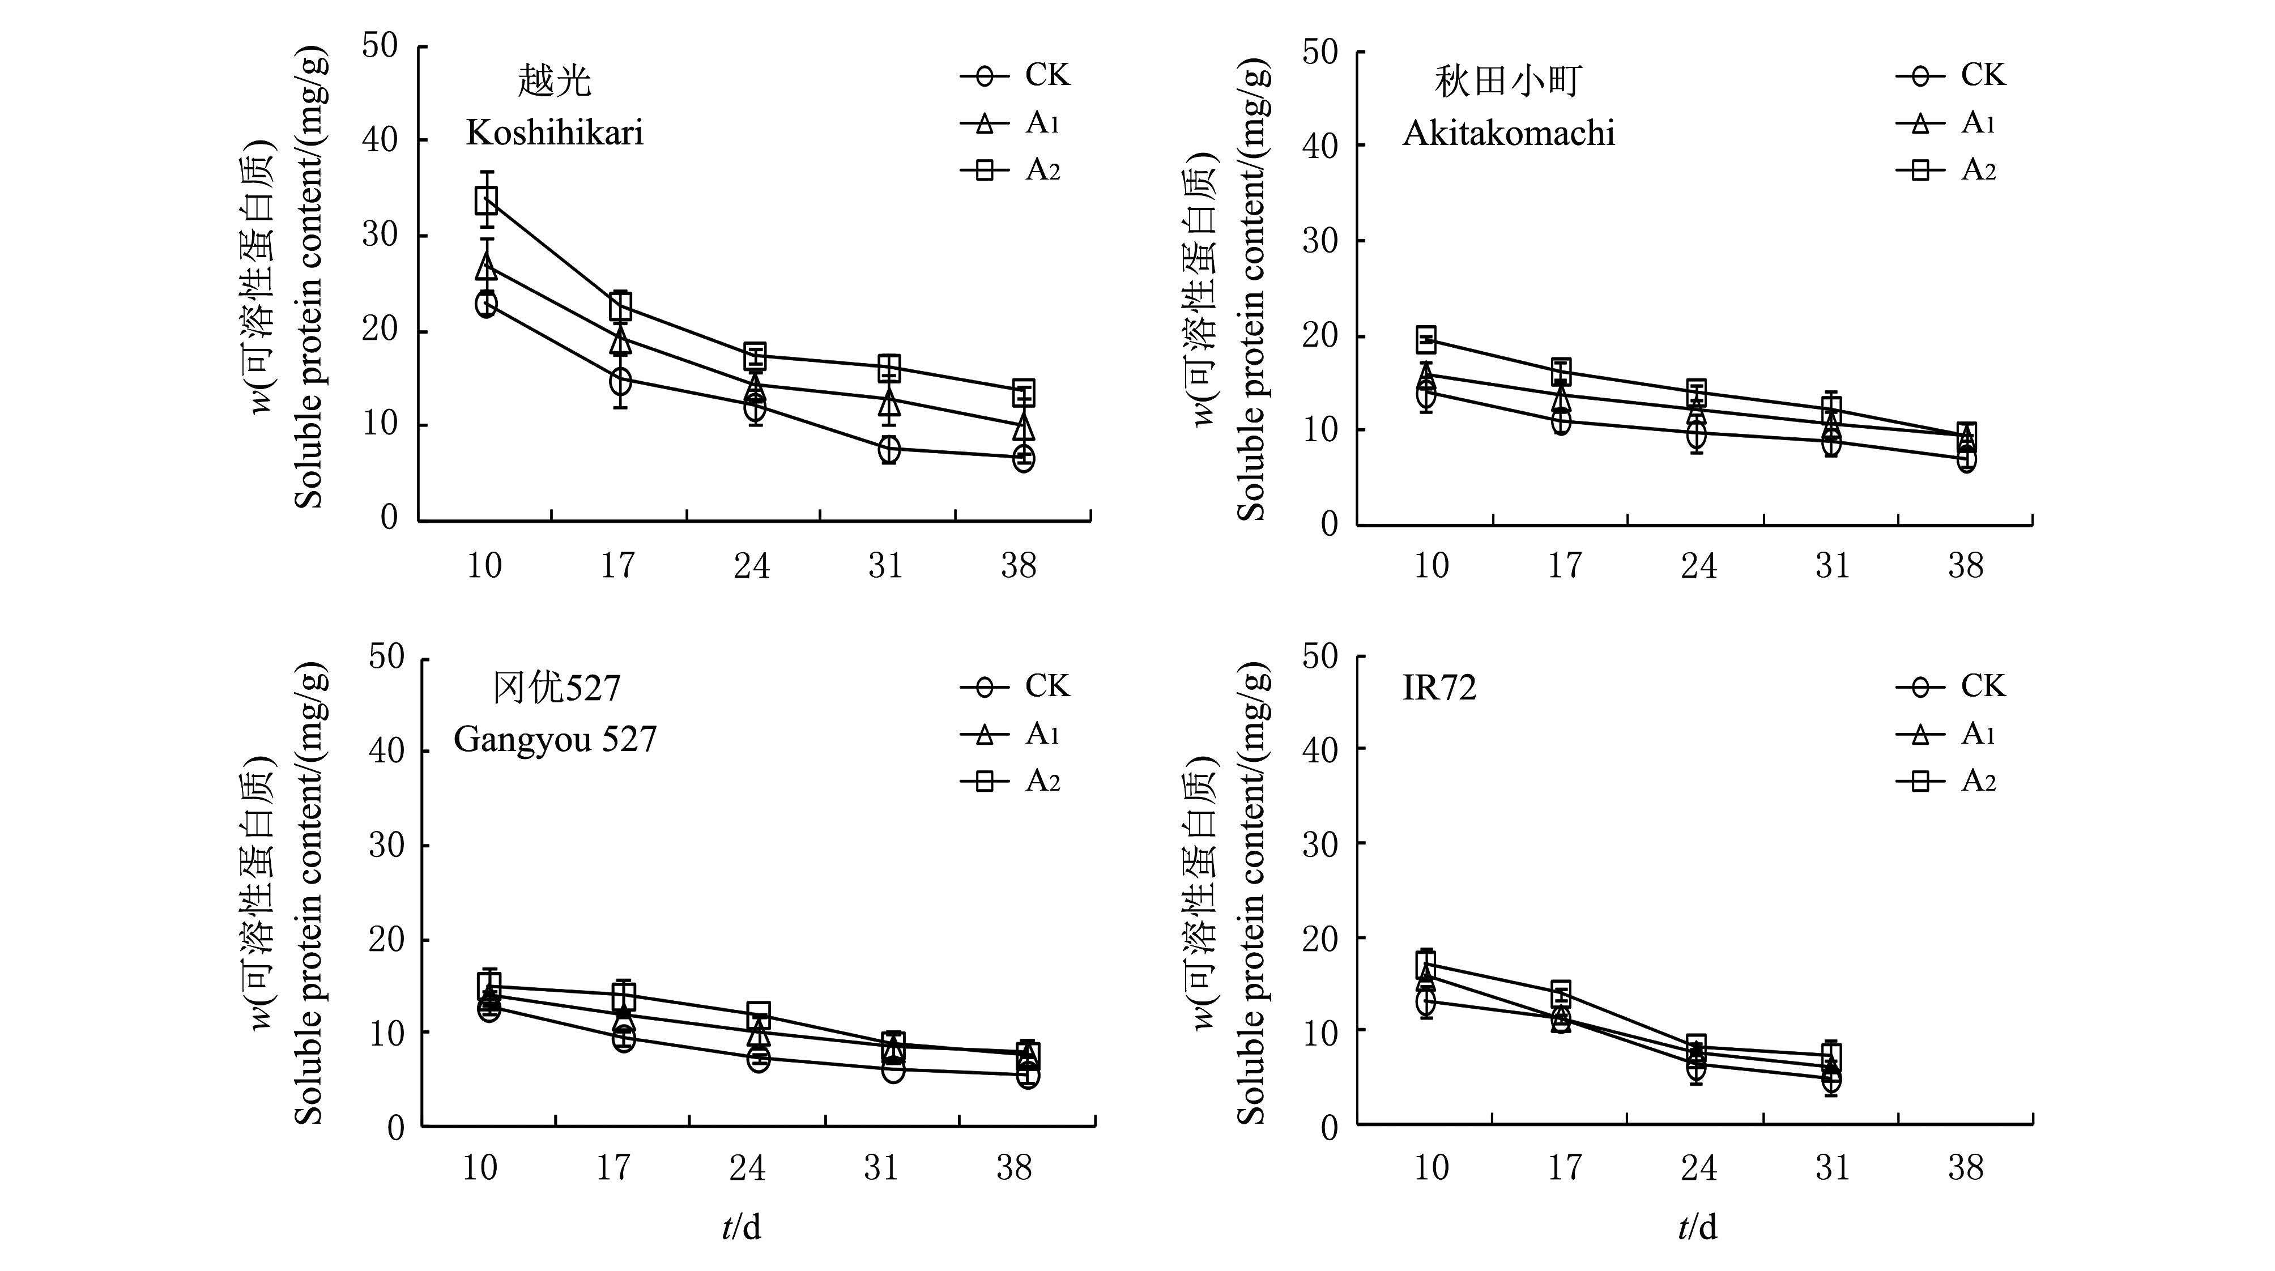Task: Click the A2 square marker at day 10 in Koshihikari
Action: point(485,201)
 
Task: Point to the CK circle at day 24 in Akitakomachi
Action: point(1695,434)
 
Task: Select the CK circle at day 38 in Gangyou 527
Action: point(1027,1076)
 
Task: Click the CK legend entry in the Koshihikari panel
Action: point(1016,76)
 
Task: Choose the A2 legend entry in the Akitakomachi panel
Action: point(1950,169)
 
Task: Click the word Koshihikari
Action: point(555,133)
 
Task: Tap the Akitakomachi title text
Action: point(1509,133)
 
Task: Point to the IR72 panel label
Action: point(1439,688)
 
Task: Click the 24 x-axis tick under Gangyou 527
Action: point(747,1168)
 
